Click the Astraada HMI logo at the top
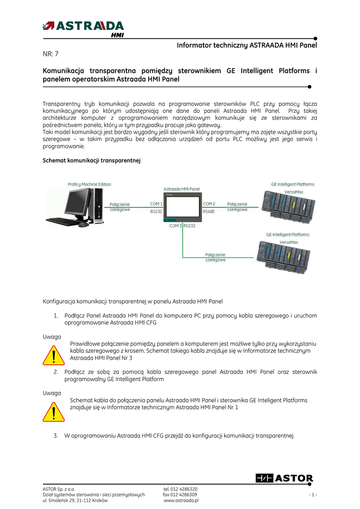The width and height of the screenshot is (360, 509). (84, 28)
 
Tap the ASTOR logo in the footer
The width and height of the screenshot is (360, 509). (284, 479)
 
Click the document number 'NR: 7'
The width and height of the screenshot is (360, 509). (51, 54)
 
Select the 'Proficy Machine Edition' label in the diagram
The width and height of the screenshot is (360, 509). (90, 184)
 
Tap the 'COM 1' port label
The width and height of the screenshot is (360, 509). (156, 204)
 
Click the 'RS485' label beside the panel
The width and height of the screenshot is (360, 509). (209, 211)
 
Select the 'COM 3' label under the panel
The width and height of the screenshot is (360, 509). (176, 226)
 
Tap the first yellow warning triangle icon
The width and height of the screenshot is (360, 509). (54, 355)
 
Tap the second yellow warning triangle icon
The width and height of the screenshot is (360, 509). (54, 411)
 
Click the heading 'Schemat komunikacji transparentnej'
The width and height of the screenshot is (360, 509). (92, 161)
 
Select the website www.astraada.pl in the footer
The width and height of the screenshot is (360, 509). (181, 501)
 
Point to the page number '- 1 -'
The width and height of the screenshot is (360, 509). (312, 495)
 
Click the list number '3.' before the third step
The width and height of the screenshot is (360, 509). (56, 436)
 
